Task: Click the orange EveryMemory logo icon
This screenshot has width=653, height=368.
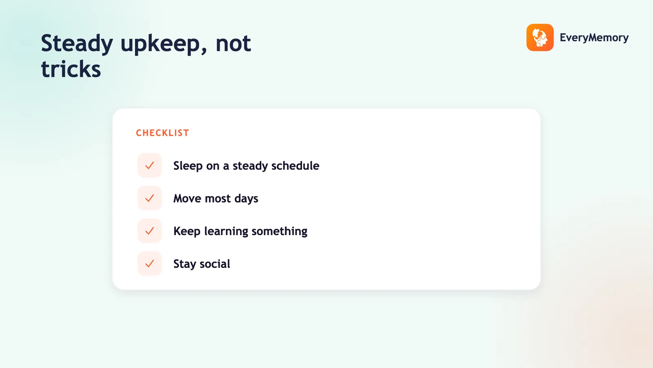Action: pyautogui.click(x=540, y=37)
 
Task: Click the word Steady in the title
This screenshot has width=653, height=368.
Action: pyautogui.click(x=77, y=44)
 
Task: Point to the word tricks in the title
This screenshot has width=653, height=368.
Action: pyautogui.click(x=71, y=69)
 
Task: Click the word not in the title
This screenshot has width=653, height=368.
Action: pyautogui.click(x=233, y=44)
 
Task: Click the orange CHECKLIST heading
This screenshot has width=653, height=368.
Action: pyautogui.click(x=163, y=133)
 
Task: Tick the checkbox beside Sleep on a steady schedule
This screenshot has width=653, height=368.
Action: pyautogui.click(x=149, y=165)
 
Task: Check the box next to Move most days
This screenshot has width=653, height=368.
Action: pyautogui.click(x=149, y=198)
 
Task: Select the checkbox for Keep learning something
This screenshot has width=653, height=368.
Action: pyautogui.click(x=149, y=231)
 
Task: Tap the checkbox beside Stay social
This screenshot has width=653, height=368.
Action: pyautogui.click(x=149, y=263)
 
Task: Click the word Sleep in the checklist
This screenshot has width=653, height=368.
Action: pyautogui.click(x=188, y=166)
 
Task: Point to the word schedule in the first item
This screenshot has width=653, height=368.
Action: pyautogui.click(x=295, y=166)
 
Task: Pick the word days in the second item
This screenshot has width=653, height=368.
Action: pyautogui.click(x=247, y=199)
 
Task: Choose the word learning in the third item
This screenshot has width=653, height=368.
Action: pyautogui.click(x=226, y=231)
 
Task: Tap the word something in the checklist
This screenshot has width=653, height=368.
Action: pyautogui.click(x=279, y=231)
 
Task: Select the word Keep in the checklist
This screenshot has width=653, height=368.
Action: pyautogui.click(x=187, y=231)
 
